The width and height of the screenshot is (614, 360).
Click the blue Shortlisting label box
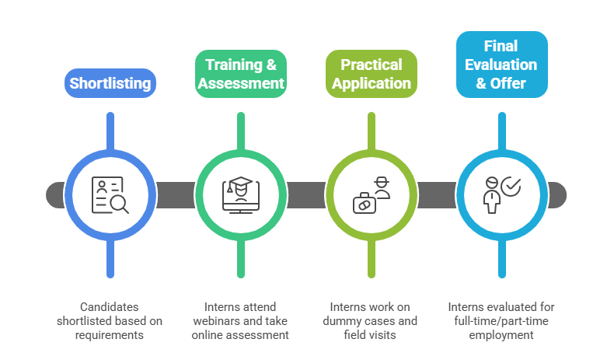[x=110, y=83]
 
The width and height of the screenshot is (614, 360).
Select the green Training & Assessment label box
[x=240, y=74]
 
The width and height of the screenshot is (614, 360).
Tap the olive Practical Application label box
[x=372, y=74]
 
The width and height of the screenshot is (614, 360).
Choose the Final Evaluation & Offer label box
[x=501, y=64]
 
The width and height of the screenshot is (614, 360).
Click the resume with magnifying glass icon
[x=110, y=194]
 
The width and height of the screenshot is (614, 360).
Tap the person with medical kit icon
[x=372, y=194]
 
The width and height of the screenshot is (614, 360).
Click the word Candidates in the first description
[x=110, y=306]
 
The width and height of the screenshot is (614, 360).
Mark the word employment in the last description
[x=501, y=334]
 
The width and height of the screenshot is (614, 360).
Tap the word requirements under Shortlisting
[x=110, y=334]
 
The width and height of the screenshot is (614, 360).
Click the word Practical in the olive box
[x=372, y=65]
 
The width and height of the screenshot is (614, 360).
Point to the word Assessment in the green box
[x=240, y=83]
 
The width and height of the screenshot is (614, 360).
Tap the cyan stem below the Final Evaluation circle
[x=501, y=260]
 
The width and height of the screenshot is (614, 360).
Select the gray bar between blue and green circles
[x=176, y=194]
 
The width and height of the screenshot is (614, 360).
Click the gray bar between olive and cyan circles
[x=437, y=194]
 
